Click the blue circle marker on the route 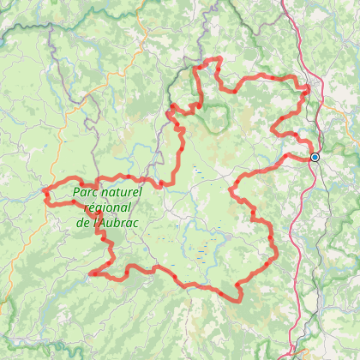pyautogui.click(x=315, y=158)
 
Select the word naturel pyautogui.click(x=123, y=193)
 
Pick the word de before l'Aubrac pyautogui.click(x=84, y=222)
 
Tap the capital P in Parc pyautogui.click(x=77, y=193)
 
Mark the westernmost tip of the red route pyautogui.click(x=45, y=193)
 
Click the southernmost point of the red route pyautogui.click(x=237, y=300)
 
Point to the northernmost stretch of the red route pyautogui.click(x=210, y=60)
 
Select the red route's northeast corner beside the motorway pyautogui.click(x=308, y=87)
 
